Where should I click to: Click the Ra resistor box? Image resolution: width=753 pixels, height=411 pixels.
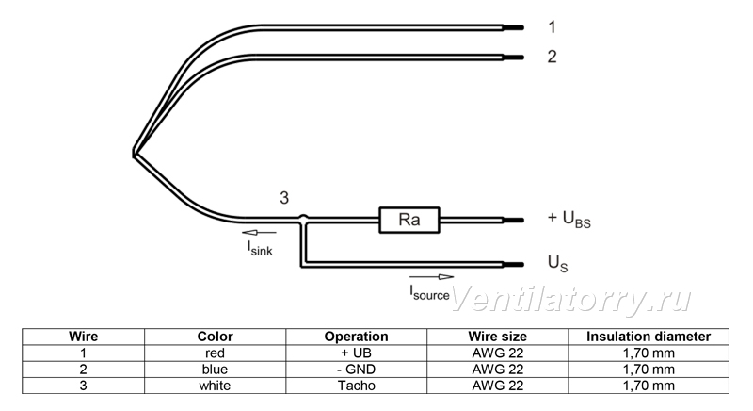coord(409,221)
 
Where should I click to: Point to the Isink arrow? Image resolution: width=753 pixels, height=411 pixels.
coord(260,233)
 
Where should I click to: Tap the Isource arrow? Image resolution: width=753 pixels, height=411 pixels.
coord(431,277)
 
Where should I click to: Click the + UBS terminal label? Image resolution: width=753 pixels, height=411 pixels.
coord(569,219)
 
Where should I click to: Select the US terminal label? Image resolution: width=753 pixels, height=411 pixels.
coord(557,263)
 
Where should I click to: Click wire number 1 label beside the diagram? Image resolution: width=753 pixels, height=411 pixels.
coord(552,27)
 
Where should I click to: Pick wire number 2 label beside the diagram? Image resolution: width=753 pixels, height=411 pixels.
coord(552,57)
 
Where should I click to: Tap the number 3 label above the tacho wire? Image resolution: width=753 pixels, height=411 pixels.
coord(284,198)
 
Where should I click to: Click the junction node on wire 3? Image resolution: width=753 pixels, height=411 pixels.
coord(303,220)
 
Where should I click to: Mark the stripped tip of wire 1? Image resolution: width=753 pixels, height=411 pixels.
coord(513,28)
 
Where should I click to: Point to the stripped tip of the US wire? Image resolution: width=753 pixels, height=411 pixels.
coord(513,264)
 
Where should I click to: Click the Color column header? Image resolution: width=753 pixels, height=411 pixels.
coord(215,337)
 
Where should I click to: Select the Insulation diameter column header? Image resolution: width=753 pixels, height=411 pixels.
coord(649,337)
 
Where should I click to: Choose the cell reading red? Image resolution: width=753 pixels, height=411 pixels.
coord(215,353)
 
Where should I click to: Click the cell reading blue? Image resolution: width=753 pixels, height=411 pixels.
coord(215,370)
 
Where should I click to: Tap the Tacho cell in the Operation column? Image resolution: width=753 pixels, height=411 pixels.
coord(357,386)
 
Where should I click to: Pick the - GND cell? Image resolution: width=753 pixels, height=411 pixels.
coord(357,370)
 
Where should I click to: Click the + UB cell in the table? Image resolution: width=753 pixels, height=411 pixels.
coord(357,353)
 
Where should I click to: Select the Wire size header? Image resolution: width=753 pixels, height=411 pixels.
coord(498,337)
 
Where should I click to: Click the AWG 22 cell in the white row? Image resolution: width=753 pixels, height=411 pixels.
coord(498,386)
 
